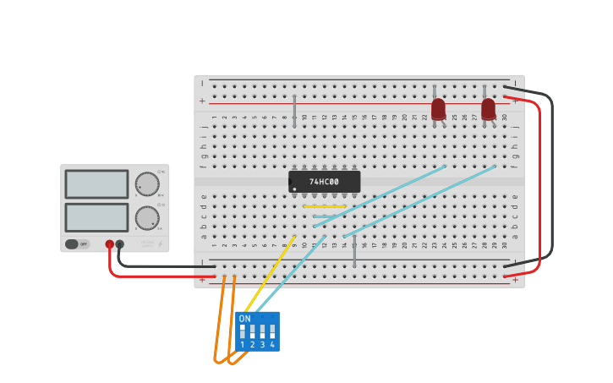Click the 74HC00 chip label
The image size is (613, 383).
click(x=324, y=182)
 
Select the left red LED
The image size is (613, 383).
click(x=438, y=109)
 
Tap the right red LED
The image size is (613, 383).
click(x=488, y=109)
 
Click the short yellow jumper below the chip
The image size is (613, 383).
click(x=325, y=206)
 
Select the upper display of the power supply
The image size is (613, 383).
click(x=96, y=184)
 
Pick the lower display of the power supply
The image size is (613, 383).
click(x=96, y=217)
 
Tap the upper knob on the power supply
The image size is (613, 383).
click(x=147, y=184)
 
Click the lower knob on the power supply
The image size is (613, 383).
click(x=147, y=217)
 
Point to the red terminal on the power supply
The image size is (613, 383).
click(x=109, y=244)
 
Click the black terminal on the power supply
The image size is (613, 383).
click(x=120, y=244)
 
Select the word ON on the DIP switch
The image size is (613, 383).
click(x=244, y=319)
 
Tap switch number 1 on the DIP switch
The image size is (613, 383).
click(x=243, y=331)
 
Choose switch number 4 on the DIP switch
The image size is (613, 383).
click(x=272, y=331)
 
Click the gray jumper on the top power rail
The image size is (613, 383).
click(x=294, y=111)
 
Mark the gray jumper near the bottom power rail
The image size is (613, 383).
click(x=354, y=252)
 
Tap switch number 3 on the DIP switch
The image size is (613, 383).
click(x=262, y=331)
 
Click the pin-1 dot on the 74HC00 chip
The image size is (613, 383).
click(x=294, y=188)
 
